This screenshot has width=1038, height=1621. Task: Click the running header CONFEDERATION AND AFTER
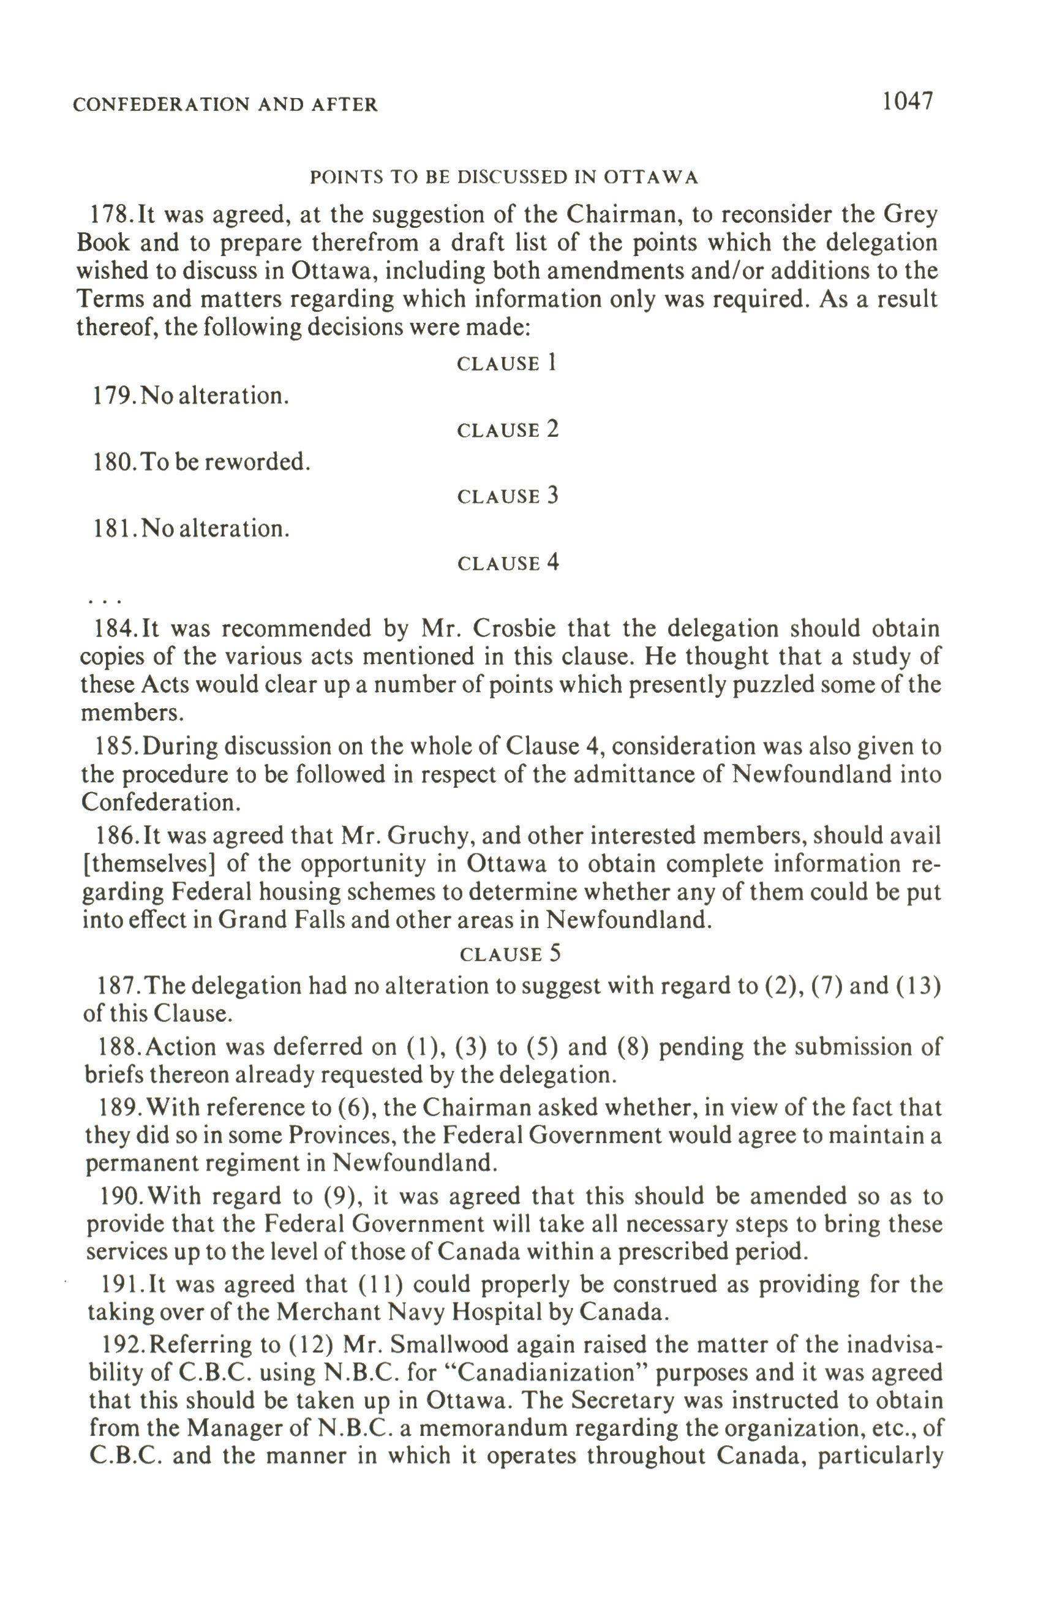(225, 105)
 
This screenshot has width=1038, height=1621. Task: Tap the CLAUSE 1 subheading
(507, 363)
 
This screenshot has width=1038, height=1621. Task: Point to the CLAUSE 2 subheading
(508, 429)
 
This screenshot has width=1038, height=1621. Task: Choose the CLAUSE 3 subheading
(508, 496)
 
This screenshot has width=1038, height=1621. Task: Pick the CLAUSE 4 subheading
(508, 563)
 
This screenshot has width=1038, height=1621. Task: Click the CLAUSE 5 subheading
(510, 954)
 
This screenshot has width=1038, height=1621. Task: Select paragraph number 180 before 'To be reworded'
(112, 463)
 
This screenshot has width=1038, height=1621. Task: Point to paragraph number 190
(120, 1197)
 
